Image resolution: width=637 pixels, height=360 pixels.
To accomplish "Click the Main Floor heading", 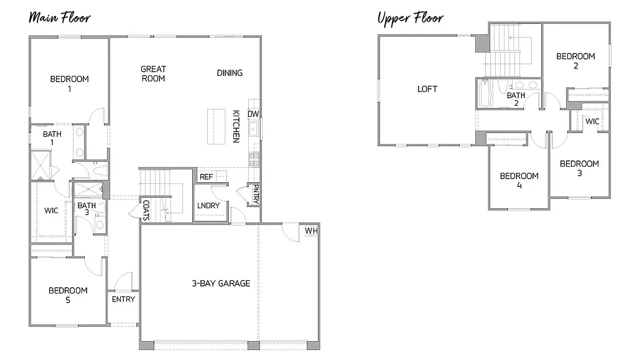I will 60,17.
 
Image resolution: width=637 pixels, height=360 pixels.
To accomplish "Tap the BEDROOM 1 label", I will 69,83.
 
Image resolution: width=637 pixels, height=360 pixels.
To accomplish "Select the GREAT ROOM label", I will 153,73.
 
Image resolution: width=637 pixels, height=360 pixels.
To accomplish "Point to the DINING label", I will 230,73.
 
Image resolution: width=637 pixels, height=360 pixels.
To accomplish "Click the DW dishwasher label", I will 253,114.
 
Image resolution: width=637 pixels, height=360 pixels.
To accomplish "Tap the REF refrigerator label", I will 206,177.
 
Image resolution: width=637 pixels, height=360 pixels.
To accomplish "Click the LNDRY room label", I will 208,206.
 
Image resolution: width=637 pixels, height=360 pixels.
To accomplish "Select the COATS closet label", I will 146,210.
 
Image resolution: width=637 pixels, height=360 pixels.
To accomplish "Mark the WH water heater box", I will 311,231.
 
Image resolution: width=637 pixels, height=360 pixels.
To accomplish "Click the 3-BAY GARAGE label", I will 221,284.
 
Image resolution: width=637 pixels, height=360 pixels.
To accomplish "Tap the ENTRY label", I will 123,299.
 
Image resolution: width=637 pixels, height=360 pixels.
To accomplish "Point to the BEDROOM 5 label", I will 68,295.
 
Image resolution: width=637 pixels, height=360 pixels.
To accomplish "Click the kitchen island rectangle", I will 216,127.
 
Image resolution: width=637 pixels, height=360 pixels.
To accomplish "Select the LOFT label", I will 427,89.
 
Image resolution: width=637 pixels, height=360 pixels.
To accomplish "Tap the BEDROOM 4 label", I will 519,180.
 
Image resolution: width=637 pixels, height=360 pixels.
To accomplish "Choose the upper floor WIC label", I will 592,121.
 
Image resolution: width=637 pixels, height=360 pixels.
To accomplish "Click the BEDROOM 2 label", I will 575,60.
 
